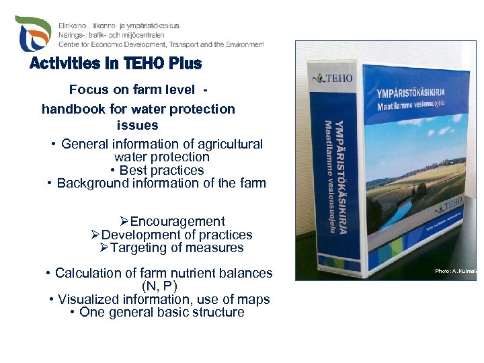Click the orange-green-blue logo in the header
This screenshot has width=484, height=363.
[x=33, y=34]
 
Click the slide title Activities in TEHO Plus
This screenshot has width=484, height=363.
[x=116, y=64]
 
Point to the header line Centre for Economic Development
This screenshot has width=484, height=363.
[x=161, y=44]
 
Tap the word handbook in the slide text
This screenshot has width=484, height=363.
[x=72, y=109]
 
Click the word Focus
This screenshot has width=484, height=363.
[x=86, y=90]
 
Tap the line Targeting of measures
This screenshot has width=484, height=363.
[x=172, y=247]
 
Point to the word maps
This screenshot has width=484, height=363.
[x=255, y=299]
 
